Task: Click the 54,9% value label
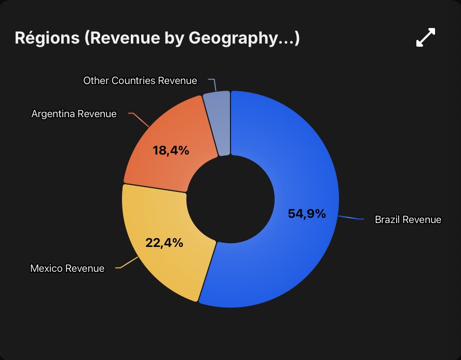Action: [x=307, y=214]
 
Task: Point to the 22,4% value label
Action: [x=164, y=243]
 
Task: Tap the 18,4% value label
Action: [x=171, y=150]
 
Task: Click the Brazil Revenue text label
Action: [x=408, y=219]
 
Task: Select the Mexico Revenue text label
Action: [x=67, y=268]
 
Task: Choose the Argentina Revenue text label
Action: [x=74, y=114]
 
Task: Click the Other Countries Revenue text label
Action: [x=140, y=80]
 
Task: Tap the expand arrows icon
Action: [x=425, y=37]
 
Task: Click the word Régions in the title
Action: [x=47, y=38]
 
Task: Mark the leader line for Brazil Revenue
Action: [x=351, y=218]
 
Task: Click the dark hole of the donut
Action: [x=230, y=199]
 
